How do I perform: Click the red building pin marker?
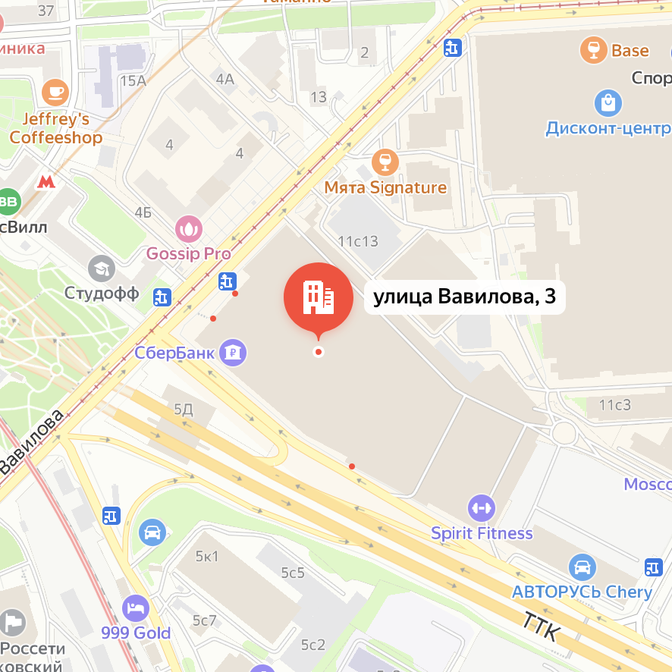pyautogui.click(x=319, y=297)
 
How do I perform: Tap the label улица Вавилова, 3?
pyautogui.click(x=465, y=297)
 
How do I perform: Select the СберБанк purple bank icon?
pyautogui.click(x=233, y=352)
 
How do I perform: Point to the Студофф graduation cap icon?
pyautogui.click(x=101, y=268)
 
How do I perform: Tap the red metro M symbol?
pyautogui.click(x=46, y=182)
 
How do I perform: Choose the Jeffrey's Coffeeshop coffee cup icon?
pyautogui.click(x=55, y=92)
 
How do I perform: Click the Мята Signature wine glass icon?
pyautogui.click(x=385, y=161)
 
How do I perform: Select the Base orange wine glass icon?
pyautogui.click(x=593, y=51)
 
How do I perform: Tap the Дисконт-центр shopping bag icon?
pyautogui.click(x=608, y=102)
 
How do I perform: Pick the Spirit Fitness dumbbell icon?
pyautogui.click(x=482, y=507)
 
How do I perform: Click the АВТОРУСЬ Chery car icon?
pyautogui.click(x=582, y=567)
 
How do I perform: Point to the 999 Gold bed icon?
pyautogui.click(x=136, y=608)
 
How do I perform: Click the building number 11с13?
pyautogui.click(x=358, y=242)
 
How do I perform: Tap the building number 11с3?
pyautogui.click(x=614, y=404)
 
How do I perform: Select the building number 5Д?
pyautogui.click(x=184, y=410)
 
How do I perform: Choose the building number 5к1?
pyautogui.click(x=206, y=557)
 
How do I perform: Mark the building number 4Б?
pyautogui.click(x=143, y=212)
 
